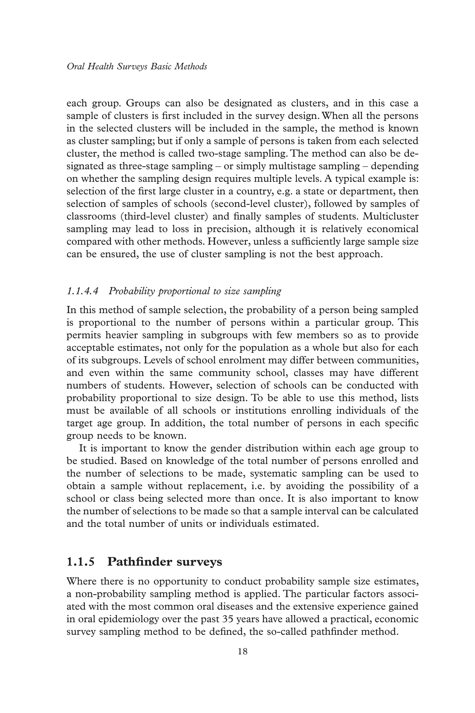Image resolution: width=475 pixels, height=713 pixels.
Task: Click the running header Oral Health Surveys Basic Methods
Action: (137, 66)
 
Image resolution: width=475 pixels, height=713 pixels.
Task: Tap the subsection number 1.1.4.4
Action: (82, 291)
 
